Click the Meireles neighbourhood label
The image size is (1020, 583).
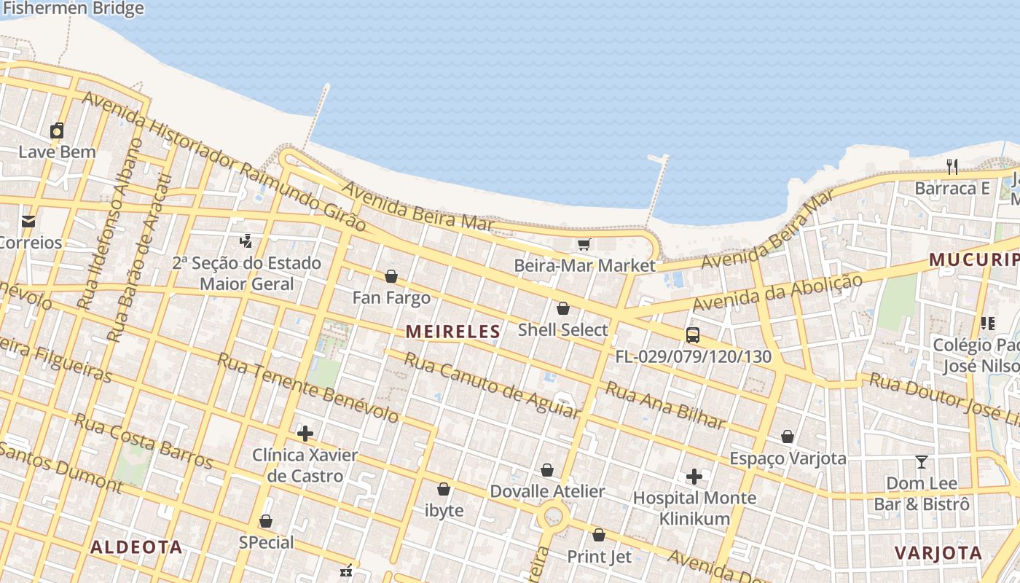pyautogui.click(x=453, y=332)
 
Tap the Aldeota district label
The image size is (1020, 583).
pyautogui.click(x=136, y=547)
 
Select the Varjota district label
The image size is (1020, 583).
pyautogui.click(x=939, y=552)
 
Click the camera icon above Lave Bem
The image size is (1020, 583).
pyautogui.click(x=57, y=130)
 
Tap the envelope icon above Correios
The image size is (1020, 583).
pyautogui.click(x=28, y=222)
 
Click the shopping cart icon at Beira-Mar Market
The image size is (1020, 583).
pyautogui.click(x=584, y=244)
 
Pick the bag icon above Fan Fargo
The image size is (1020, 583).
pyautogui.click(x=391, y=277)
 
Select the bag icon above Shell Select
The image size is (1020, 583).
pyautogui.click(x=562, y=309)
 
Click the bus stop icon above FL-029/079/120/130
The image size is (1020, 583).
pyautogui.click(x=693, y=335)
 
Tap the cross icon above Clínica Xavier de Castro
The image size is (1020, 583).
pyautogui.click(x=305, y=434)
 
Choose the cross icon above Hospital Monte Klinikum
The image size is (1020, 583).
pyautogui.click(x=694, y=477)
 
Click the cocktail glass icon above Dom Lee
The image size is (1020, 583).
pyautogui.click(x=922, y=462)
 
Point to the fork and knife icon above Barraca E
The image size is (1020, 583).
pyautogui.click(x=952, y=167)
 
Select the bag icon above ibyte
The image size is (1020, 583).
pyautogui.click(x=443, y=489)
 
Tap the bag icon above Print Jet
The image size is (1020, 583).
pyautogui.click(x=599, y=536)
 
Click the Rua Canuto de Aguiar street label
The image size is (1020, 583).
pyautogui.click(x=492, y=386)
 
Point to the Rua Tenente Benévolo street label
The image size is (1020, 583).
pyautogui.click(x=308, y=388)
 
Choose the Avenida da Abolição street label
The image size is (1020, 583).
pyautogui.click(x=778, y=292)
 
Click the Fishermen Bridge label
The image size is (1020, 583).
pyautogui.click(x=73, y=9)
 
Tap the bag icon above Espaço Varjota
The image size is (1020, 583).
pyautogui.click(x=788, y=437)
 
